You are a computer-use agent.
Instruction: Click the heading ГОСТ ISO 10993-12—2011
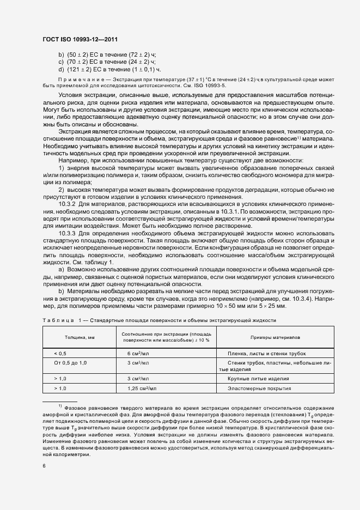point(80,40)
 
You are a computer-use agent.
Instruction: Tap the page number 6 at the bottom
point(44,466)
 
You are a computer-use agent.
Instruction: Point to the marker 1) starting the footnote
point(60,406)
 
